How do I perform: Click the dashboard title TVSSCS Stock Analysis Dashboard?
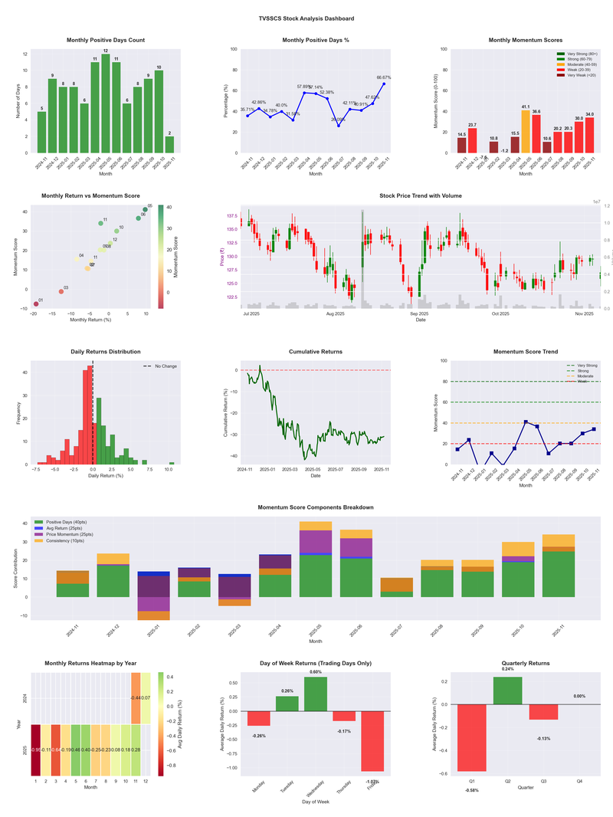pyautogui.click(x=306, y=18)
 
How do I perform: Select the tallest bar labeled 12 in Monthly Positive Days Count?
pyautogui.click(x=106, y=103)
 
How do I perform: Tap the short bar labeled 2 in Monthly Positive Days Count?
pyautogui.click(x=169, y=144)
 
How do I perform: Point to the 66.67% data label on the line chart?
pyautogui.click(x=384, y=77)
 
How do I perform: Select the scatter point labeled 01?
pyautogui.click(x=35, y=304)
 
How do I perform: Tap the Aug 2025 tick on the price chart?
pyautogui.click(x=335, y=313)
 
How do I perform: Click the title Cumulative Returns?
pyautogui.click(x=316, y=352)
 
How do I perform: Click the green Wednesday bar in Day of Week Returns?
pyautogui.click(x=316, y=694)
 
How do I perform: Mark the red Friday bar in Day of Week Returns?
pyautogui.click(x=372, y=740)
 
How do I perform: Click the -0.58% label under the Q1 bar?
pyautogui.click(x=471, y=789)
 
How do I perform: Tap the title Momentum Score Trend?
pyautogui.click(x=526, y=352)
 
